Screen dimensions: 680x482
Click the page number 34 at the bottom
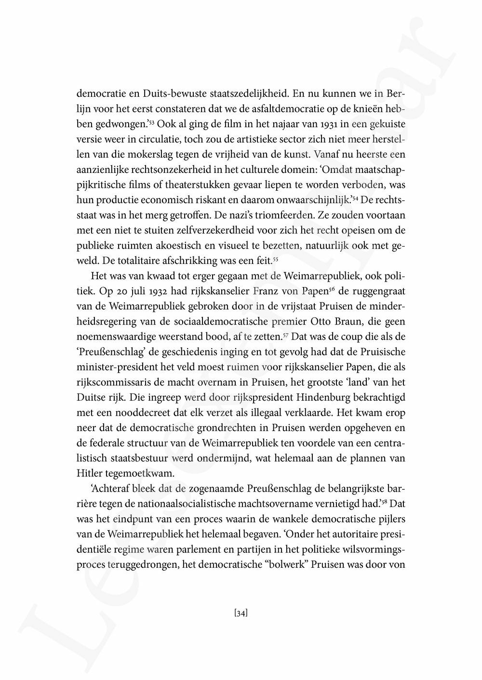(241, 614)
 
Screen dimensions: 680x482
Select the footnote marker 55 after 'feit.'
(276, 261)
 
